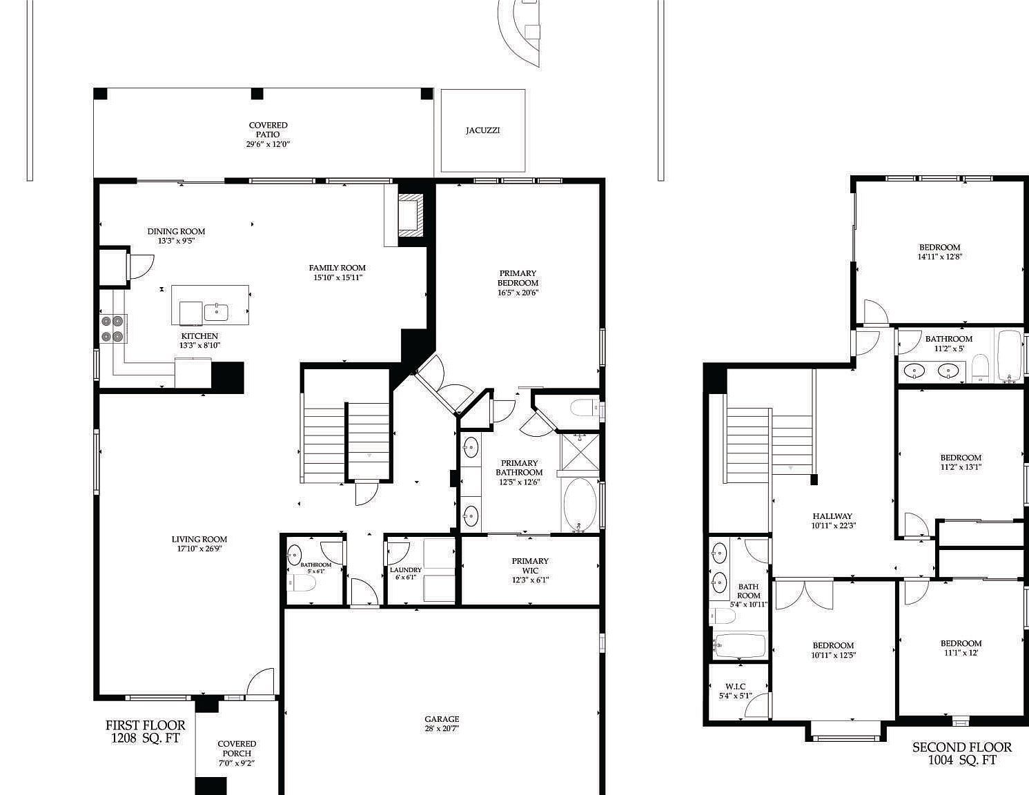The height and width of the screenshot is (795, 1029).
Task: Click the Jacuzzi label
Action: pos(482,130)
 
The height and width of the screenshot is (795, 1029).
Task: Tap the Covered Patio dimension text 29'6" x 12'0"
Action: pos(268,145)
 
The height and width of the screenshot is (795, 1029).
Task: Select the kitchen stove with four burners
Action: pos(112,328)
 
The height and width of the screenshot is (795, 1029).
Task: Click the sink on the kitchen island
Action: pos(217,311)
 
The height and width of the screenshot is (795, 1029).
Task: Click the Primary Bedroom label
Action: pos(518,278)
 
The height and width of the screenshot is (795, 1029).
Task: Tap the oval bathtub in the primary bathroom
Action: pos(578,505)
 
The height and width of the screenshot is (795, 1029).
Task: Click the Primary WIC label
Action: pos(530,566)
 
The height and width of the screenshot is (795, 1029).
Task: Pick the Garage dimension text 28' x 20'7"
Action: pos(442,728)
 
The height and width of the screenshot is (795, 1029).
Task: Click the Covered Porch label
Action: pos(237,749)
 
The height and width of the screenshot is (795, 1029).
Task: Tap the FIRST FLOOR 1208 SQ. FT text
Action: pos(145,732)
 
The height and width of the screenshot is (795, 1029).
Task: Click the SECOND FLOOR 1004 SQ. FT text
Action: pos(961,754)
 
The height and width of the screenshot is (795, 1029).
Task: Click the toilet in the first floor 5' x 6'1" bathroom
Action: pos(302,585)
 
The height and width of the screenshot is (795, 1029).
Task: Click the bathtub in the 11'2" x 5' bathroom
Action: pos(1009,356)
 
